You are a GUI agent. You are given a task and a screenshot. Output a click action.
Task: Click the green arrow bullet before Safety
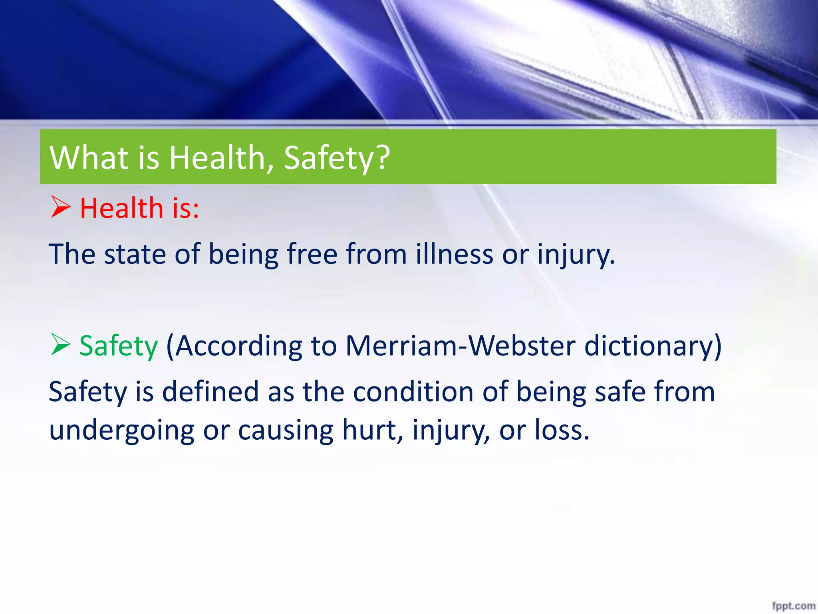pos(61,345)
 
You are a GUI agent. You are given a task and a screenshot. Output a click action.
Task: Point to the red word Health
pos(122,208)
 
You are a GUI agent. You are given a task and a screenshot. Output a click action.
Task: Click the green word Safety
pos(119,346)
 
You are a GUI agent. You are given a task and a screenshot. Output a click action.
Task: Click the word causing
pos(286,431)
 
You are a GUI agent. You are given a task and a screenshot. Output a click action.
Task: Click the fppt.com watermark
pos(793,606)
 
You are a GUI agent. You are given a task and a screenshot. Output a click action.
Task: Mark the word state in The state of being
pos(135,254)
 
